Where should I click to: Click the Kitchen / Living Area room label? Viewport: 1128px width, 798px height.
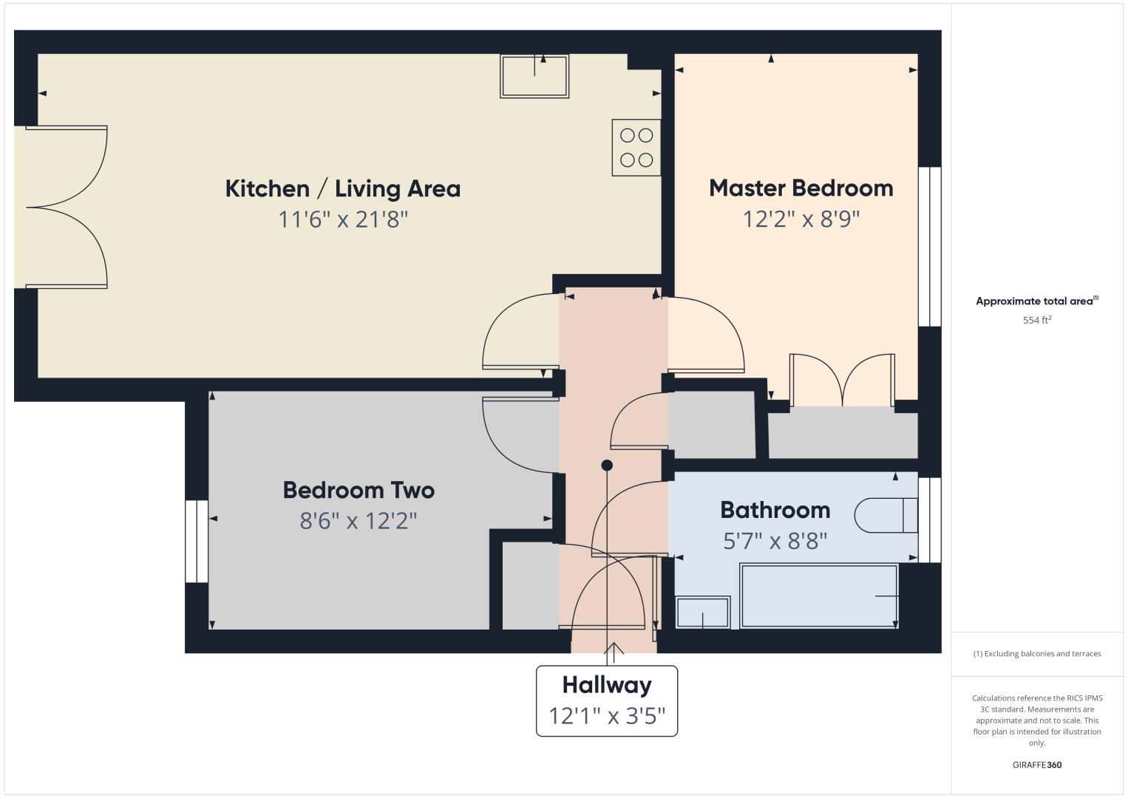(x=342, y=189)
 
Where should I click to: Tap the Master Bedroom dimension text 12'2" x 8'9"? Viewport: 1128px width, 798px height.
(x=801, y=219)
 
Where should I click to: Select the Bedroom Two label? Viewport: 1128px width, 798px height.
(x=359, y=491)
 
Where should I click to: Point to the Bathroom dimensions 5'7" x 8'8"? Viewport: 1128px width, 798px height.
(x=775, y=541)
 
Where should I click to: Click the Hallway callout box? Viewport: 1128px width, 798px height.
(x=607, y=700)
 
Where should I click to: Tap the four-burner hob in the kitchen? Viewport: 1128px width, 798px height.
(x=636, y=148)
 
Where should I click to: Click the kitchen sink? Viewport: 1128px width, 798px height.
(x=534, y=76)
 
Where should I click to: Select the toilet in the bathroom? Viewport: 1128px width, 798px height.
(x=886, y=516)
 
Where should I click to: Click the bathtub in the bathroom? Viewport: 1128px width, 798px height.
(x=819, y=596)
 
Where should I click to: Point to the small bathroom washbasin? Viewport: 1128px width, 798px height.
(x=702, y=613)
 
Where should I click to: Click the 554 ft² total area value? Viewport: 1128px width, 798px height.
(x=1037, y=320)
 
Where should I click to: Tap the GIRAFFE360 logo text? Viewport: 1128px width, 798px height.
(x=1037, y=765)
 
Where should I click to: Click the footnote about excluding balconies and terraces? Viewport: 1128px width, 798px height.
(x=1037, y=654)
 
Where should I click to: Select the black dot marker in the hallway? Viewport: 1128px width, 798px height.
(x=607, y=465)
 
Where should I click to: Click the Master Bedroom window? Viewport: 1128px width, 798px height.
(x=930, y=247)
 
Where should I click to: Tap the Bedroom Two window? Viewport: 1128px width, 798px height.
(x=197, y=541)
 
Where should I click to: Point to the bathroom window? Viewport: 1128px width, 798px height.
(x=930, y=519)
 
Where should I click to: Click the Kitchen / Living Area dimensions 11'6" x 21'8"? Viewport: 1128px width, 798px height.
(x=343, y=219)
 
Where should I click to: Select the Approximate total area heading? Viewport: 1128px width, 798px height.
(x=1037, y=301)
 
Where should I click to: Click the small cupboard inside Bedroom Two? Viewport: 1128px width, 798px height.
(x=531, y=585)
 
